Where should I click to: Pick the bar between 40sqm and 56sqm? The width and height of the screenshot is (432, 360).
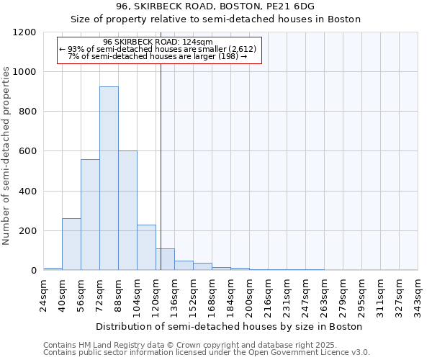71,244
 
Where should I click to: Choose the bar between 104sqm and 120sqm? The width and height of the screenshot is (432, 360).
146,248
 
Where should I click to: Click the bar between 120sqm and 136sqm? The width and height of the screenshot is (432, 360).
165,259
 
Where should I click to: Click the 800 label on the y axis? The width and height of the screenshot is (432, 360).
28,112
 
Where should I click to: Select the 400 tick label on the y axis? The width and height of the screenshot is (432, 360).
28,192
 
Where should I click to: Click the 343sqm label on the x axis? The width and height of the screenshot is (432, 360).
418,295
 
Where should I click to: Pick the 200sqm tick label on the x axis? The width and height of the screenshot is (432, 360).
250,295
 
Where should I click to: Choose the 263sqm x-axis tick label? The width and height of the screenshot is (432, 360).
325,295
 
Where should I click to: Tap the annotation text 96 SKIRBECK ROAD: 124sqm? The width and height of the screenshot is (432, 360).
158,42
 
